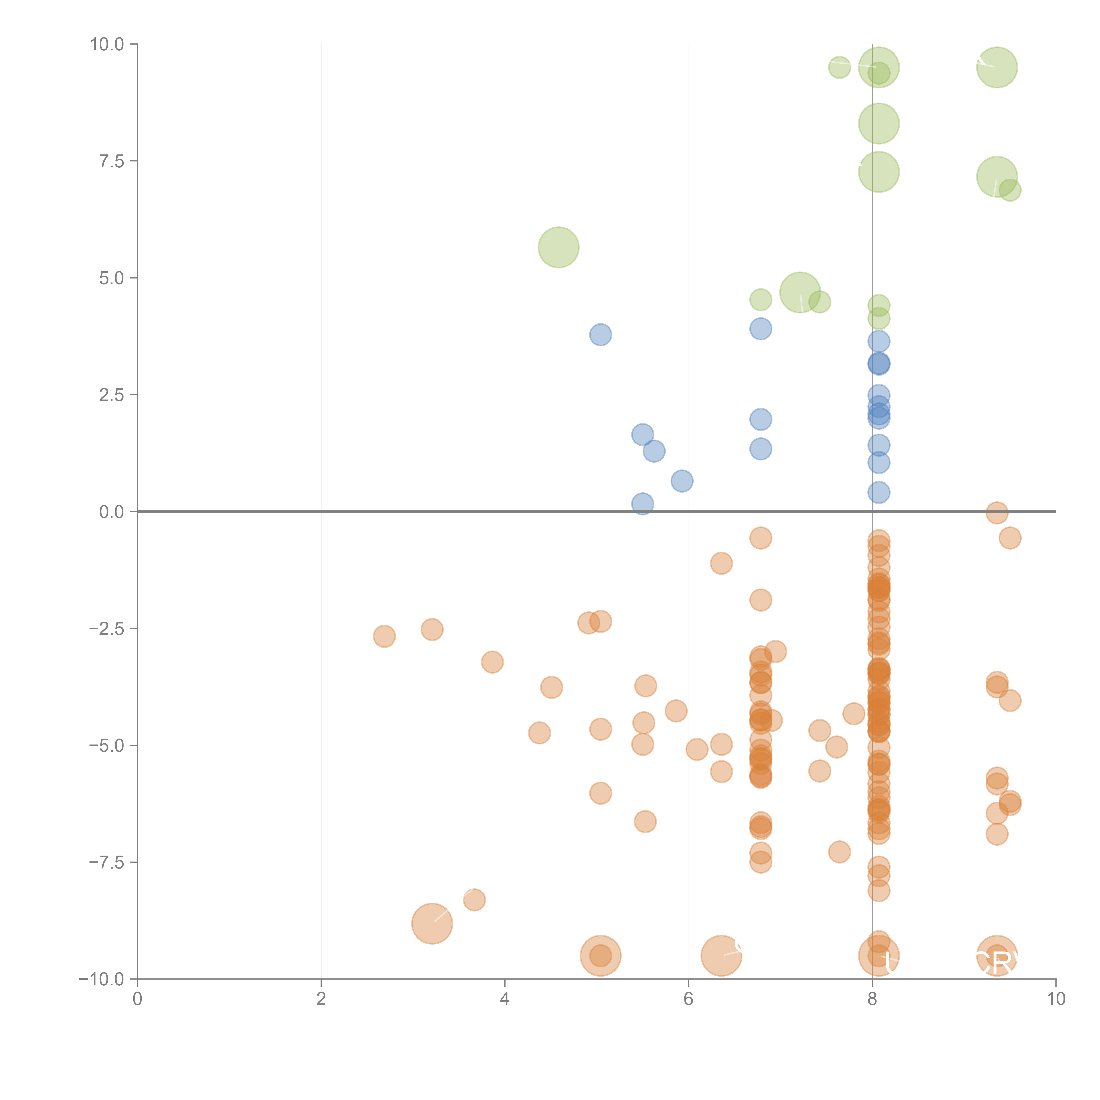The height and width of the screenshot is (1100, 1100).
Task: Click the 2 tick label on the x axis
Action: coord(321,999)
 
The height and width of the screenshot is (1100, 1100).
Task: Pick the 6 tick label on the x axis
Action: coord(688,999)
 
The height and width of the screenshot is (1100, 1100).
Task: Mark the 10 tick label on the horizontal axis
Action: coord(1056,999)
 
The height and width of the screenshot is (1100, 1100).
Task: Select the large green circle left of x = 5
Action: coord(559,247)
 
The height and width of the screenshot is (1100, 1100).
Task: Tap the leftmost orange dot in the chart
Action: coord(384,636)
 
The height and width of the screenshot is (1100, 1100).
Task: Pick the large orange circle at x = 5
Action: coord(601,955)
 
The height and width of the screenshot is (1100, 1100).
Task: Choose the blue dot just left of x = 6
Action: coord(682,481)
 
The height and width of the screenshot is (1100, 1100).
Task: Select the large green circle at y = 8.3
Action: coord(878,124)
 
